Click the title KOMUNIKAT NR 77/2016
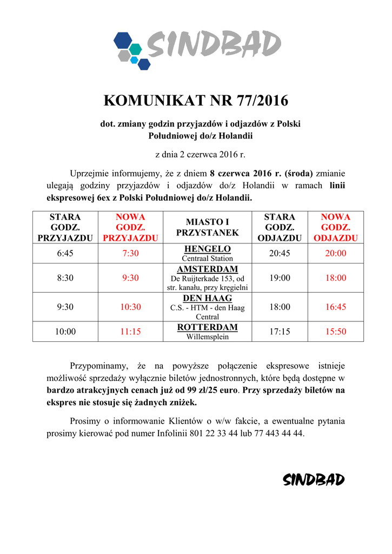[195, 101]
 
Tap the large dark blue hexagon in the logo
[122, 40]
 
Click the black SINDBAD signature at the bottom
[314, 480]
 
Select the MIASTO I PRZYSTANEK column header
[207, 227]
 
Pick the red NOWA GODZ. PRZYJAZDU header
[130, 227]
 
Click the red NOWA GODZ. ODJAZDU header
[335, 227]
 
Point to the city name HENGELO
[207, 249]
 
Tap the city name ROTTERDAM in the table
[207, 327]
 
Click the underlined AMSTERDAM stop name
[207, 269]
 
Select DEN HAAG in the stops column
[207, 298]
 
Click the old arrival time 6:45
[65, 253]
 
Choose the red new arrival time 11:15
[130, 332]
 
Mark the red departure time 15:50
[335, 332]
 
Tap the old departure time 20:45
[280, 253]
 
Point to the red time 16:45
[335, 307]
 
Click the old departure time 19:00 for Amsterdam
[280, 278]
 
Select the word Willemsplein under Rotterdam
[207, 337]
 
